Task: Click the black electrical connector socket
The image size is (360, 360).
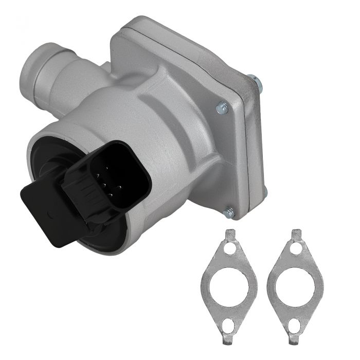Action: pyautogui.click(x=123, y=177)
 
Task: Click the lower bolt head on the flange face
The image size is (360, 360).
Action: pyautogui.click(x=229, y=211)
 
